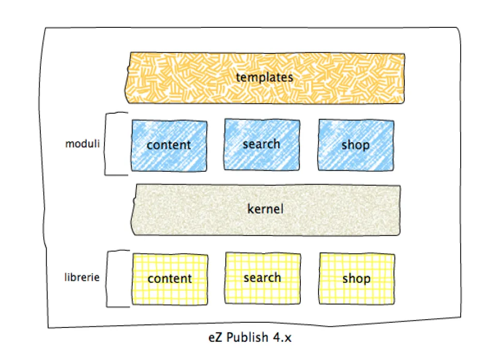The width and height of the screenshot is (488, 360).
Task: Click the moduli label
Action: (81, 144)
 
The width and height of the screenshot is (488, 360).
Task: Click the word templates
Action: (264, 78)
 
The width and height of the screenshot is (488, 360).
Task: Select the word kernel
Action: (265, 210)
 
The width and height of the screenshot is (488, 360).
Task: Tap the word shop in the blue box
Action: (356, 145)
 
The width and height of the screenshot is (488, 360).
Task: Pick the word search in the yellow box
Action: (262, 278)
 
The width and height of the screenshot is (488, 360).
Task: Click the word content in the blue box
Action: (169, 145)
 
